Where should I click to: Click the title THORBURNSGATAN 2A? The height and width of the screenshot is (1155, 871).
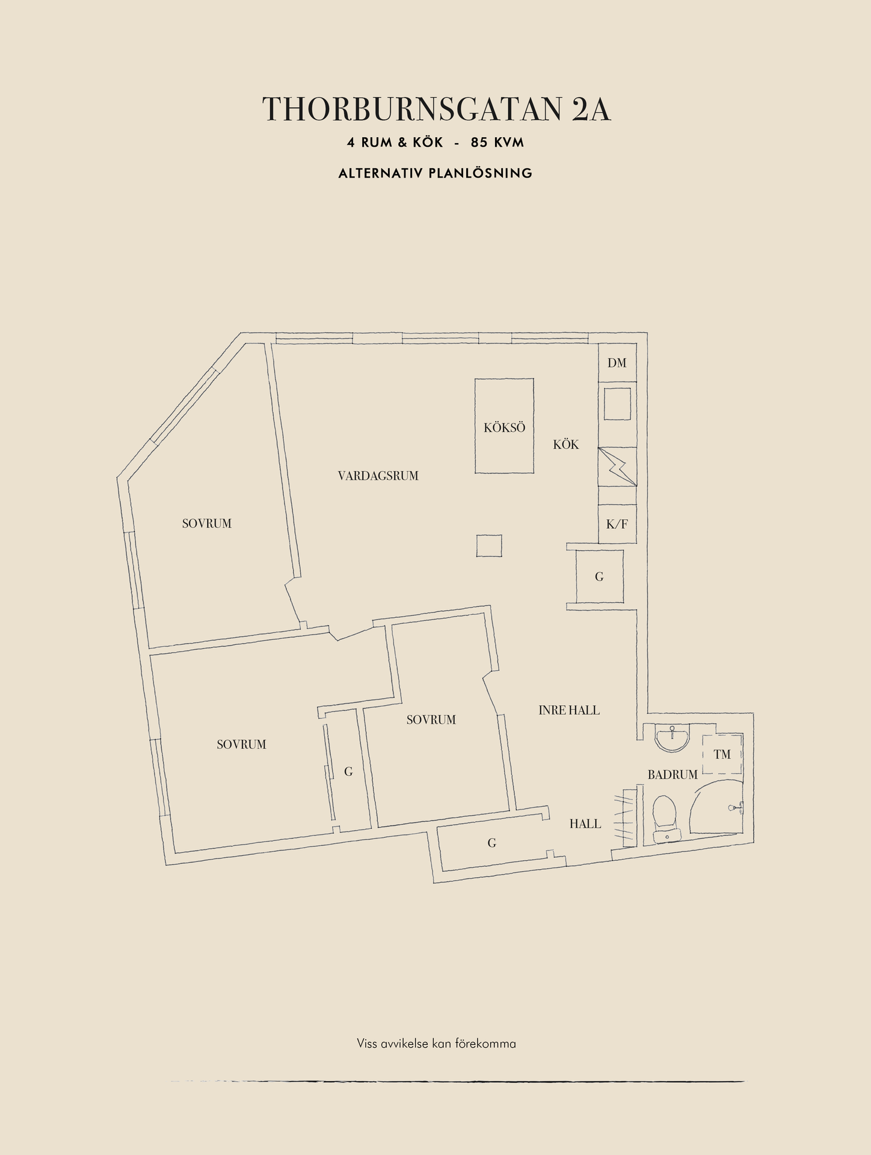(436, 109)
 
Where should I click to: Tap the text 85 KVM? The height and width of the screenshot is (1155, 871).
(497, 143)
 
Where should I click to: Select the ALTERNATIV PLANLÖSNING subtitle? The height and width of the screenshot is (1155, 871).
(435, 173)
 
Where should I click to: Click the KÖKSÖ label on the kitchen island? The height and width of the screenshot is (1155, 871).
(504, 428)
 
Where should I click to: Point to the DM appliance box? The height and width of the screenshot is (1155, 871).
(617, 363)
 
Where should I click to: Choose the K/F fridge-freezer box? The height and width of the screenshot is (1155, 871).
(617, 524)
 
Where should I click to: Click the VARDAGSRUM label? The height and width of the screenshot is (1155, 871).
(378, 476)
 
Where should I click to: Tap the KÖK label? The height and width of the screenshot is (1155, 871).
(566, 445)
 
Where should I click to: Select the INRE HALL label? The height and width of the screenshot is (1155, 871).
(569, 710)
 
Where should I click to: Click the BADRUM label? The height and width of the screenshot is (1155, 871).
(672, 775)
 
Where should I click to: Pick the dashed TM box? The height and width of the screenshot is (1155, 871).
(722, 754)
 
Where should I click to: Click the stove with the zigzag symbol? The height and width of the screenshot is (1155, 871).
(617, 467)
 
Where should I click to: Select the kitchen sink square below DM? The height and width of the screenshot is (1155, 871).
(617, 404)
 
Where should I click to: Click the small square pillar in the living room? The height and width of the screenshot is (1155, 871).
(489, 546)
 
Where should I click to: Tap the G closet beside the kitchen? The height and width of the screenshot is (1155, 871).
(599, 577)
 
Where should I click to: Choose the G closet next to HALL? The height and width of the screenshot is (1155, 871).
(492, 843)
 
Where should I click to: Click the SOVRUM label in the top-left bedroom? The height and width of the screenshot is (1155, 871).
(207, 523)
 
